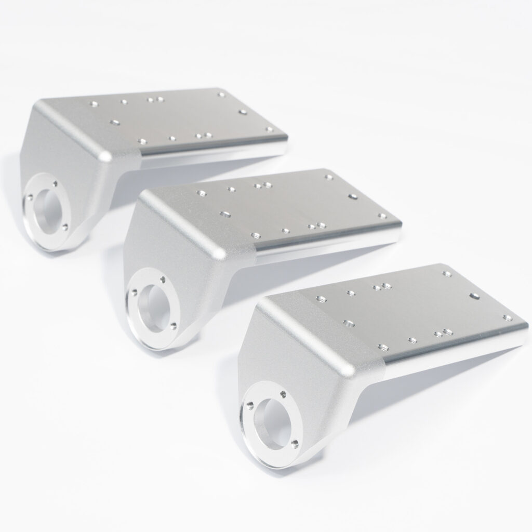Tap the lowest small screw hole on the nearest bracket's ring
(x=295, y=442)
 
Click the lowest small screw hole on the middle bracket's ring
(x=172, y=325)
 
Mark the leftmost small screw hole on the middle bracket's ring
(x=134, y=292)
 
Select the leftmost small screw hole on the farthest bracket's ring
(x=30, y=197)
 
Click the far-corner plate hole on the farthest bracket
(x=221, y=95)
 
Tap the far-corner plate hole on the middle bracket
(x=328, y=177)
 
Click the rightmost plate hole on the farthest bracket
(x=269, y=129)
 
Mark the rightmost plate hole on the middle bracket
(x=382, y=216)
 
